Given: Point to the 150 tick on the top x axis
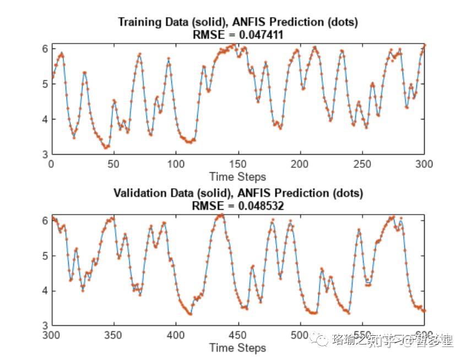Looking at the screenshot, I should (x=238, y=163).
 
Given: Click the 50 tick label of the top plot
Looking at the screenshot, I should (x=113, y=163).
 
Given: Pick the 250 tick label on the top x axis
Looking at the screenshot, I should (x=362, y=163).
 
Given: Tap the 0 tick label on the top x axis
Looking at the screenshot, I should (x=51, y=163).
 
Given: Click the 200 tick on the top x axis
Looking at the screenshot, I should (x=300, y=163).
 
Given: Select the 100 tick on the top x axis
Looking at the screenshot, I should (x=176, y=163).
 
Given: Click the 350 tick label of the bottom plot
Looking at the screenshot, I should (x=113, y=335).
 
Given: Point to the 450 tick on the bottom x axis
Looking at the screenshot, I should (x=238, y=335).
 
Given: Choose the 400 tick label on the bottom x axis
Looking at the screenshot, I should (x=176, y=335).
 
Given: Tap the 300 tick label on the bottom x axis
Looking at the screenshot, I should (x=51, y=335).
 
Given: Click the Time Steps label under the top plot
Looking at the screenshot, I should (x=237, y=177).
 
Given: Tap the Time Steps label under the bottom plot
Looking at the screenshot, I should (x=237, y=348).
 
